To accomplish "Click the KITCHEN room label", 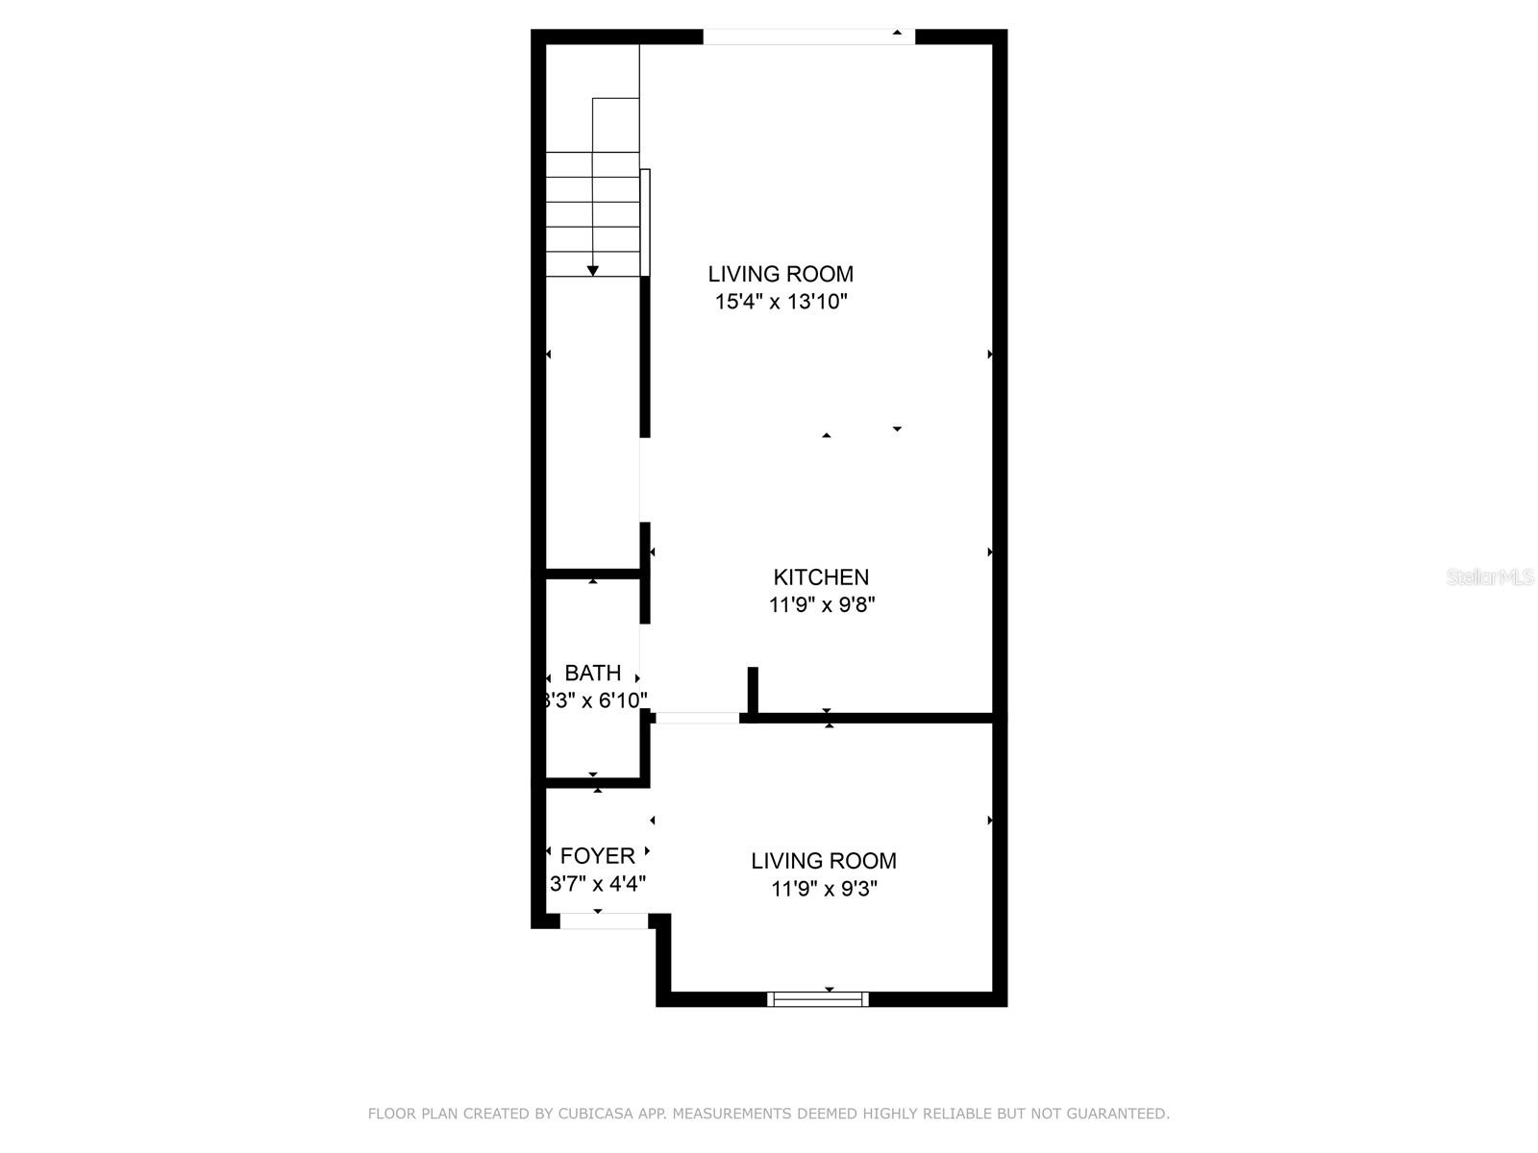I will click(x=821, y=577).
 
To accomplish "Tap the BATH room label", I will click(x=592, y=673).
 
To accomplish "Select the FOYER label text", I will click(x=597, y=856).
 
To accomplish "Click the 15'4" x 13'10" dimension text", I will click(x=781, y=302).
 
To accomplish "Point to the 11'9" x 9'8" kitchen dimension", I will click(x=821, y=605).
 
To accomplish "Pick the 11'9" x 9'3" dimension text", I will click(x=824, y=889).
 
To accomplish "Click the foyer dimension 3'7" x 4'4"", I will click(x=597, y=884).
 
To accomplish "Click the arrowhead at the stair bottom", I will click(x=593, y=271).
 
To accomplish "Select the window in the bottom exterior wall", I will click(x=818, y=999).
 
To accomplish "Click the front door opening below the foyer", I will click(x=604, y=920).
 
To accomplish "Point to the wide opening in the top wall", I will click(x=808, y=37).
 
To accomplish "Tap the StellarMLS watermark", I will click(x=1489, y=577).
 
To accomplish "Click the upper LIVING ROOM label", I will click(x=781, y=274).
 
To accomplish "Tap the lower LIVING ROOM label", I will click(x=824, y=861).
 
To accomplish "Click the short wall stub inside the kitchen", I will click(x=753, y=691).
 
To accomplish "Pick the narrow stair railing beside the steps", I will click(x=645, y=222).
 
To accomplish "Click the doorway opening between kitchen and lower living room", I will click(x=698, y=718).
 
